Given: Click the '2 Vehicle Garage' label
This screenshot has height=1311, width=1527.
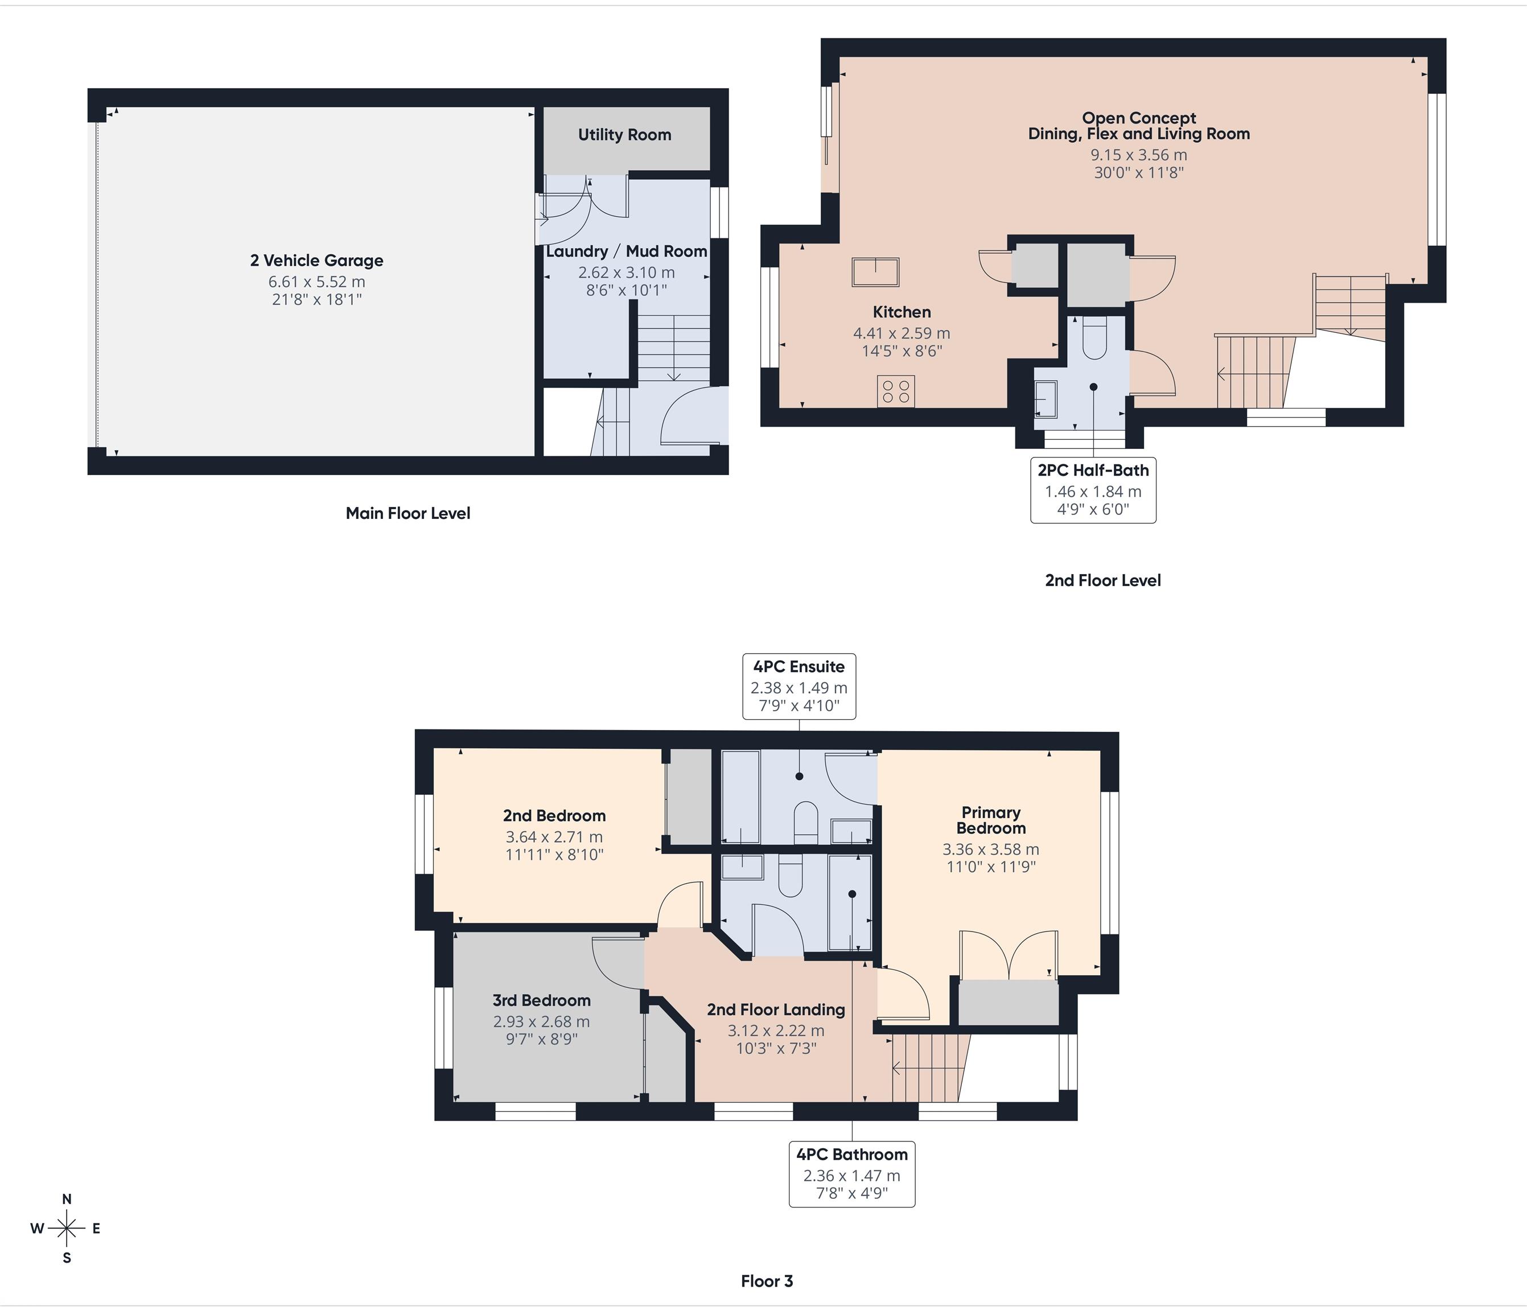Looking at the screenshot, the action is pos(317,260).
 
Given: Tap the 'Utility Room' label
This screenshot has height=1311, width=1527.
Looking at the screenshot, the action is pos(624,135).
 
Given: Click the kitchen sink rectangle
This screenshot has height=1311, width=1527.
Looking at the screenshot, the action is pos(875,272).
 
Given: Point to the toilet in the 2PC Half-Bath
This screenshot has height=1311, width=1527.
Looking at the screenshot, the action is pos(1094,338).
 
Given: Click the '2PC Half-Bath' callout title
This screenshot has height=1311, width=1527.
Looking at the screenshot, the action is pos(1093,470).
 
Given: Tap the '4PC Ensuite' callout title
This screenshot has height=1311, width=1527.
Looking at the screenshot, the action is pos(799,667).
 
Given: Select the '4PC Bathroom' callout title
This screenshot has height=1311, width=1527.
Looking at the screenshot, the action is pos(852,1155).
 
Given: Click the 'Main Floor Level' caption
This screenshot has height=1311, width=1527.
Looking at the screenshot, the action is pos(408,514).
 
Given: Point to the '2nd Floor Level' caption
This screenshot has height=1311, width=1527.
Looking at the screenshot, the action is pos(1102,581).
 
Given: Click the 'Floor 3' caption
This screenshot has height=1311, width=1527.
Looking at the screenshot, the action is pos(767,1281).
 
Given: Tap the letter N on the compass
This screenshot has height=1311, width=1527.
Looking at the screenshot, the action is pos(67,1199).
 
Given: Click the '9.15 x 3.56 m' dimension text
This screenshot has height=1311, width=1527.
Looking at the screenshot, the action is pos(1139,155).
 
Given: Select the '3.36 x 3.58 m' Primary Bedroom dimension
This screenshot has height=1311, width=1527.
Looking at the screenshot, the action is pos(990,849).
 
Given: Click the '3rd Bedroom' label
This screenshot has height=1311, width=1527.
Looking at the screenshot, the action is pos(542,1001).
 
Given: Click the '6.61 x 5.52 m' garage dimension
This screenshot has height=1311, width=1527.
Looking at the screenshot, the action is pos(317,282).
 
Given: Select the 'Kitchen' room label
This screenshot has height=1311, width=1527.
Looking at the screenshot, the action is pos(902,312).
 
